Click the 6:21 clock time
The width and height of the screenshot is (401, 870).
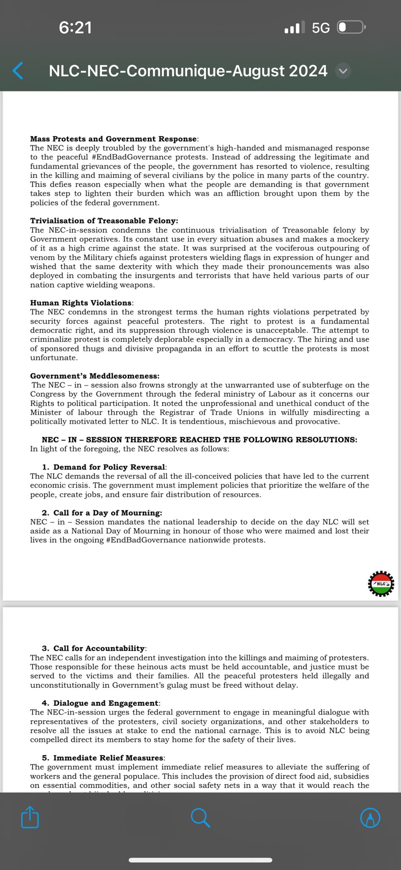[75, 28]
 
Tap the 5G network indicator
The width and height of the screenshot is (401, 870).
[320, 28]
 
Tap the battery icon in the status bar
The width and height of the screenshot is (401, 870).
[351, 28]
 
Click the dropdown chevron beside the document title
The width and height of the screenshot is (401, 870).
[343, 71]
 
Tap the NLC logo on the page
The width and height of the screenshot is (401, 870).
[381, 584]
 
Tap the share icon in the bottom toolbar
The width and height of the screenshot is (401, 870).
[30, 816]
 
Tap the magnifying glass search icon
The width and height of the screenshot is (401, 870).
[200, 817]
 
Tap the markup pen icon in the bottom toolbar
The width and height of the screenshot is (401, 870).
[370, 817]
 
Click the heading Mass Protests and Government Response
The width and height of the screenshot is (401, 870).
[113, 139]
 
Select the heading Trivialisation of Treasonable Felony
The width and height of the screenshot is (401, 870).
[104, 221]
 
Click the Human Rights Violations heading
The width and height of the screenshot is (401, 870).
[81, 303]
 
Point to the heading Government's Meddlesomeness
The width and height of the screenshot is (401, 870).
[95, 376]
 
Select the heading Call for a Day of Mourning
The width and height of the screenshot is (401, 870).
[107, 513]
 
